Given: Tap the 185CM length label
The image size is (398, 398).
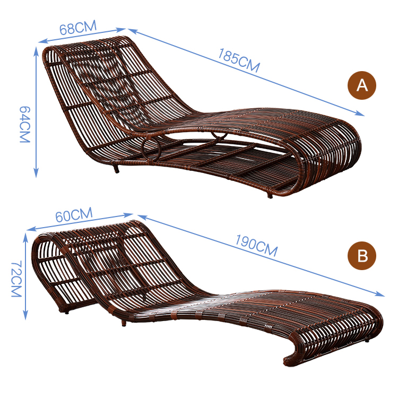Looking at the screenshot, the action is point(239,60).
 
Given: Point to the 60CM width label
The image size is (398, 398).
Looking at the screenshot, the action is point(74,216).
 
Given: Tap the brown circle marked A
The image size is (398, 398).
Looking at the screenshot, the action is point(361,85).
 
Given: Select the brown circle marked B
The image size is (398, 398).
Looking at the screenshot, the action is point(361,256).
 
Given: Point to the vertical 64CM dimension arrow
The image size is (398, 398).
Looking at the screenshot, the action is point(36,111).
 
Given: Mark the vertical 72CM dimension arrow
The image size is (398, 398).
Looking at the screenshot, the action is point(25,276).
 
